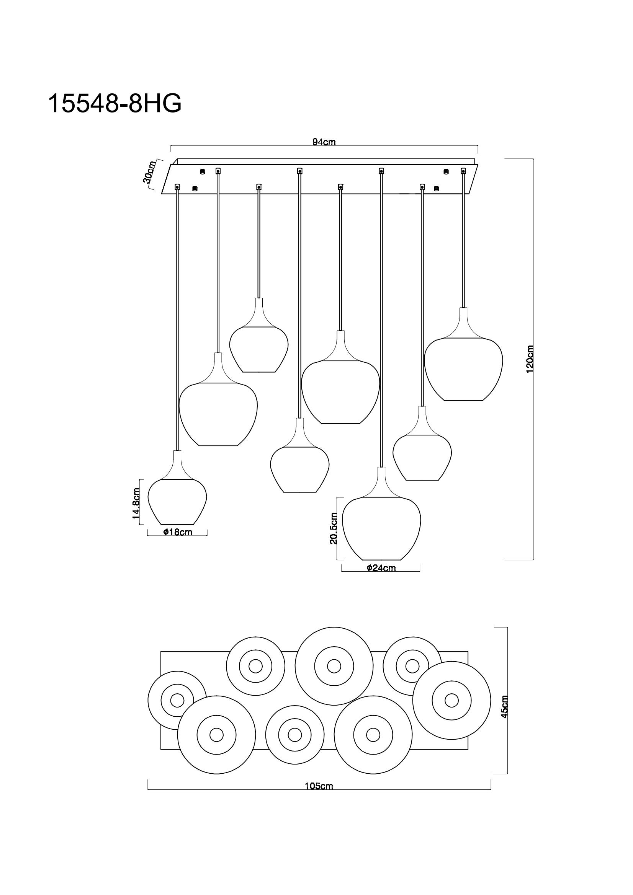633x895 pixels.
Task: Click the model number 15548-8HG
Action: [x=114, y=104]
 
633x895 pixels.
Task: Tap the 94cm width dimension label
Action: [x=324, y=142]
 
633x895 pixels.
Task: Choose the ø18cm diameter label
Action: [x=177, y=532]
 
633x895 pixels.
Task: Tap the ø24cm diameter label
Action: [x=381, y=568]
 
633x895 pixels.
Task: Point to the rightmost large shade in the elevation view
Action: [x=463, y=368]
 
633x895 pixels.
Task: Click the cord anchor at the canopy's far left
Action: [x=177, y=187]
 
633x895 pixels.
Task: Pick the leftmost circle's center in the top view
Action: [x=177, y=701]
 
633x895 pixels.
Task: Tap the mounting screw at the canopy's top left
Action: [x=202, y=171]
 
